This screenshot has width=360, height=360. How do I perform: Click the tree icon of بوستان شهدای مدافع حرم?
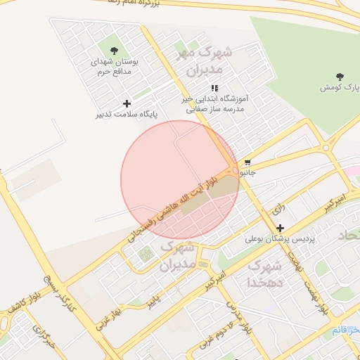coord(114,49)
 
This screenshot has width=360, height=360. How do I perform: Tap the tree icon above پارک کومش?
coord(340,75)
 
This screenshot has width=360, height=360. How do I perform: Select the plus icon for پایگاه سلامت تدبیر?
coord(127,103)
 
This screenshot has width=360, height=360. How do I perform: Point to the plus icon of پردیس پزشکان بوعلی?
coord(281,228)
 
